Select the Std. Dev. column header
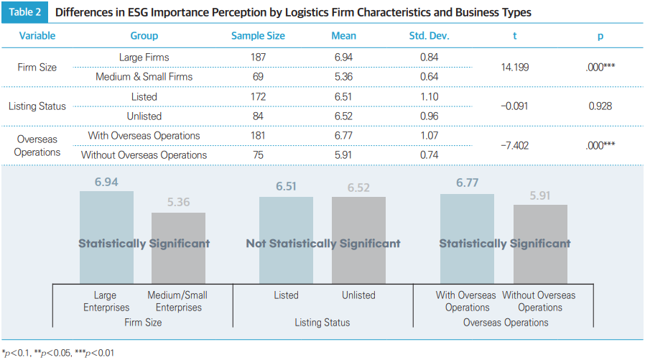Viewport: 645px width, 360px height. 428,36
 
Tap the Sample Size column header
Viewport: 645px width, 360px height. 258,36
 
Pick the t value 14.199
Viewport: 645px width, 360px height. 515,67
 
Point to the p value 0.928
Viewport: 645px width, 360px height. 600,106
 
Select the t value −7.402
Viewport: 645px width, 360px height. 514,145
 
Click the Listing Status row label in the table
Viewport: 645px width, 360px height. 37,106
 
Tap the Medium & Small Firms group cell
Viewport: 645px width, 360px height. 144,76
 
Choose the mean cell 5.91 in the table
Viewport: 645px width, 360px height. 343,154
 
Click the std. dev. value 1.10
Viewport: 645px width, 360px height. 429,96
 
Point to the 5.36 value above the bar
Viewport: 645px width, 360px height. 178,203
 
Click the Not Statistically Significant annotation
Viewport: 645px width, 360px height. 323,244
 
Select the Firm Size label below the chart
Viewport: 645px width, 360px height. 143,323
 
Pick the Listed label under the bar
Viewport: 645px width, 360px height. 286,295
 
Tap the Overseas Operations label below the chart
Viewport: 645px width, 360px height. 506,323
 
